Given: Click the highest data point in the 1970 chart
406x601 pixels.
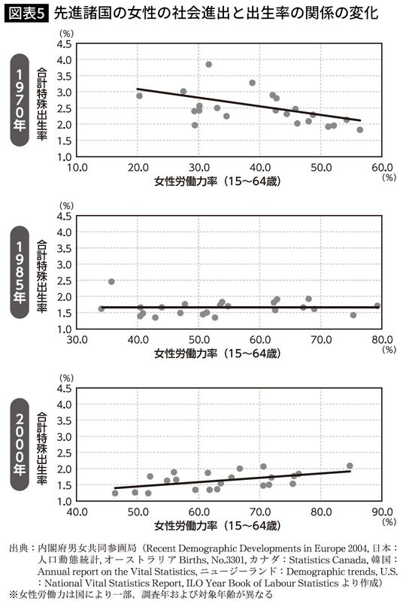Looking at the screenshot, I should (208, 65).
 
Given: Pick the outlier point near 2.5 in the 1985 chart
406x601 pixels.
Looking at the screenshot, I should (111, 281).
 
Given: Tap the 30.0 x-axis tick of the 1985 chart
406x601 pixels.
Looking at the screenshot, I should (76, 338).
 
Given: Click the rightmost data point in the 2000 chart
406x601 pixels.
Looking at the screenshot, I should (350, 466).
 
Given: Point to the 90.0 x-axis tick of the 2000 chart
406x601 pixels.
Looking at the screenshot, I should (383, 511).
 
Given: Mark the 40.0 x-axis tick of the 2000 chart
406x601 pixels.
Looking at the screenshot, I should (76, 511).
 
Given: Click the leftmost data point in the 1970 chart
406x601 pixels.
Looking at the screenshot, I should (139, 96).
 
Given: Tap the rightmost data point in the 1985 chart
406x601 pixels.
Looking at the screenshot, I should (377, 306).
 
